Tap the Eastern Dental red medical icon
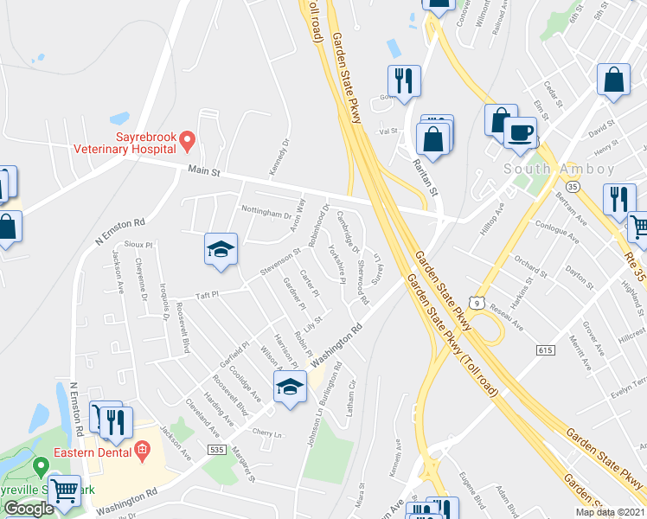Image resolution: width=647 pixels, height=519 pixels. [x=143, y=450]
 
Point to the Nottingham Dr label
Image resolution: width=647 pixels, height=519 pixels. [x=266, y=214]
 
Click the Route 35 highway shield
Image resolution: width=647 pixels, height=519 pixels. [x=572, y=186]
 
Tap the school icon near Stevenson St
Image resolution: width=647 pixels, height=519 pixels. [x=221, y=250]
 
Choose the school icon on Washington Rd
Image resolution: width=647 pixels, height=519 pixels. [x=290, y=388]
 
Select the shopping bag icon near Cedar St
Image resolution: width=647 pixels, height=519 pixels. [x=613, y=80]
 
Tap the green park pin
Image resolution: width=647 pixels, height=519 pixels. [x=38, y=468]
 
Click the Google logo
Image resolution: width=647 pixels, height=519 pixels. [x=29, y=509]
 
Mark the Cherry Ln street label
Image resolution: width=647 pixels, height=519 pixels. [x=267, y=433]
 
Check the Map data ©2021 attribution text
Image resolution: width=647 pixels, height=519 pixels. [x=610, y=512]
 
